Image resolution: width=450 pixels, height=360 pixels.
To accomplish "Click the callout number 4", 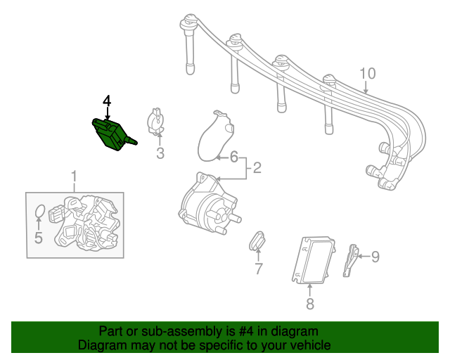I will point(107,101).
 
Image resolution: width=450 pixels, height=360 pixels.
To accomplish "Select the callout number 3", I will point(160,153).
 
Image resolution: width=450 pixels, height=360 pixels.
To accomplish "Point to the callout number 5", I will point(38,238).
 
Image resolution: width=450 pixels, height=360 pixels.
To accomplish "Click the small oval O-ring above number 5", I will point(41,212).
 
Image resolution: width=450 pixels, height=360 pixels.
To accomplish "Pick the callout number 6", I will point(234,155).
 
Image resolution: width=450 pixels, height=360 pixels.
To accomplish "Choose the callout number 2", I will point(257,167).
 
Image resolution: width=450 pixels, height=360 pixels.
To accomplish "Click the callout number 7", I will point(258,268).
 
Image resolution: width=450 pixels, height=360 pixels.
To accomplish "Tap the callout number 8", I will point(310,304).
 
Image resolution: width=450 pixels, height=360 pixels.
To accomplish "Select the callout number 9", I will point(375,257).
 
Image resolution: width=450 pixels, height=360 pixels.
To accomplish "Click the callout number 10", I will point(368,73).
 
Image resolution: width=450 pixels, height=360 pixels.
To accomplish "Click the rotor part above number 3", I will point(156,120).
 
